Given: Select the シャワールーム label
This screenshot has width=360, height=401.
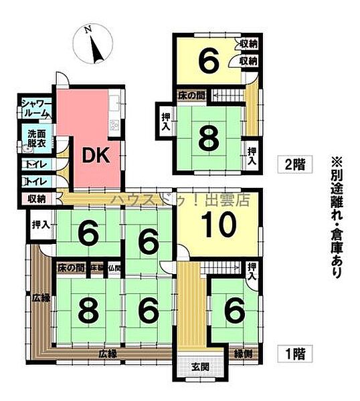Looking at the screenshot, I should pos(33,108).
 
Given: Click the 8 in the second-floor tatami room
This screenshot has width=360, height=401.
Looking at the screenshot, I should pos(209,140).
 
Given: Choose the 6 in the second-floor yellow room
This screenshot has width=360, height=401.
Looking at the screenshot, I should pos(208,62).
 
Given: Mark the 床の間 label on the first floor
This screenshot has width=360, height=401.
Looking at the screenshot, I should pos(70,268).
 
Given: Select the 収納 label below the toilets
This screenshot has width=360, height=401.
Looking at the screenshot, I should pos(36,198).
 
